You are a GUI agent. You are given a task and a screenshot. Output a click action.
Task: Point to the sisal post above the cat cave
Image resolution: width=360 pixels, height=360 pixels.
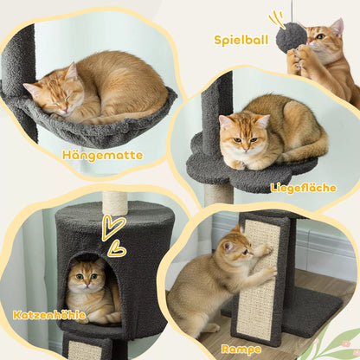[x=115, y=202]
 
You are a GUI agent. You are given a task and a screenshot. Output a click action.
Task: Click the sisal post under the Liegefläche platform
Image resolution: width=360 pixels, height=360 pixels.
[x=218, y=194]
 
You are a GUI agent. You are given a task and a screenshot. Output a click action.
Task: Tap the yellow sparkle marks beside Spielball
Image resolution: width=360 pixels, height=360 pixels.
[x=276, y=18]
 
